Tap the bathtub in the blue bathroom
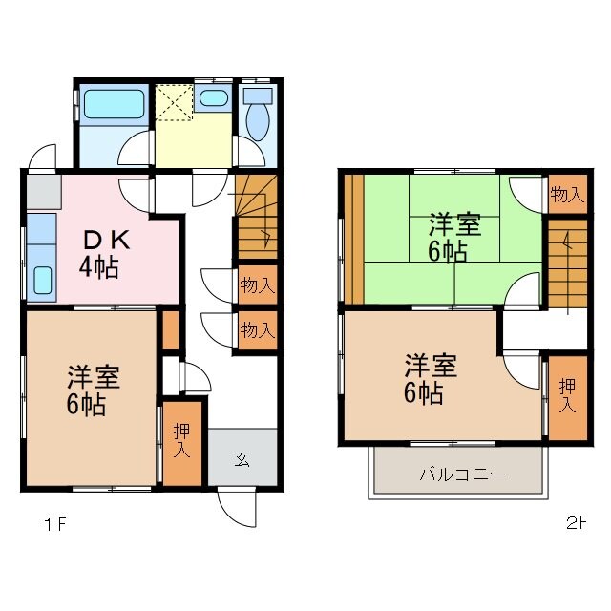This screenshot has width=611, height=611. click(x=112, y=104)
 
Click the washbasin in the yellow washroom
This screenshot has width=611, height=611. click(x=214, y=96)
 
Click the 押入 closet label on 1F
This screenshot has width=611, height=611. click(x=181, y=442)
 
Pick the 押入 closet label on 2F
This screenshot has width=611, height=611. click(x=567, y=396)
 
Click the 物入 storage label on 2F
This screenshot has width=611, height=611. click(x=566, y=196)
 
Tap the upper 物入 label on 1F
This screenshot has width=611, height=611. click(x=257, y=284)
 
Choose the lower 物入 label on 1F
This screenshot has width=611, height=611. click(x=257, y=330)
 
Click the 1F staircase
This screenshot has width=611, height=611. click(x=256, y=217)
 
